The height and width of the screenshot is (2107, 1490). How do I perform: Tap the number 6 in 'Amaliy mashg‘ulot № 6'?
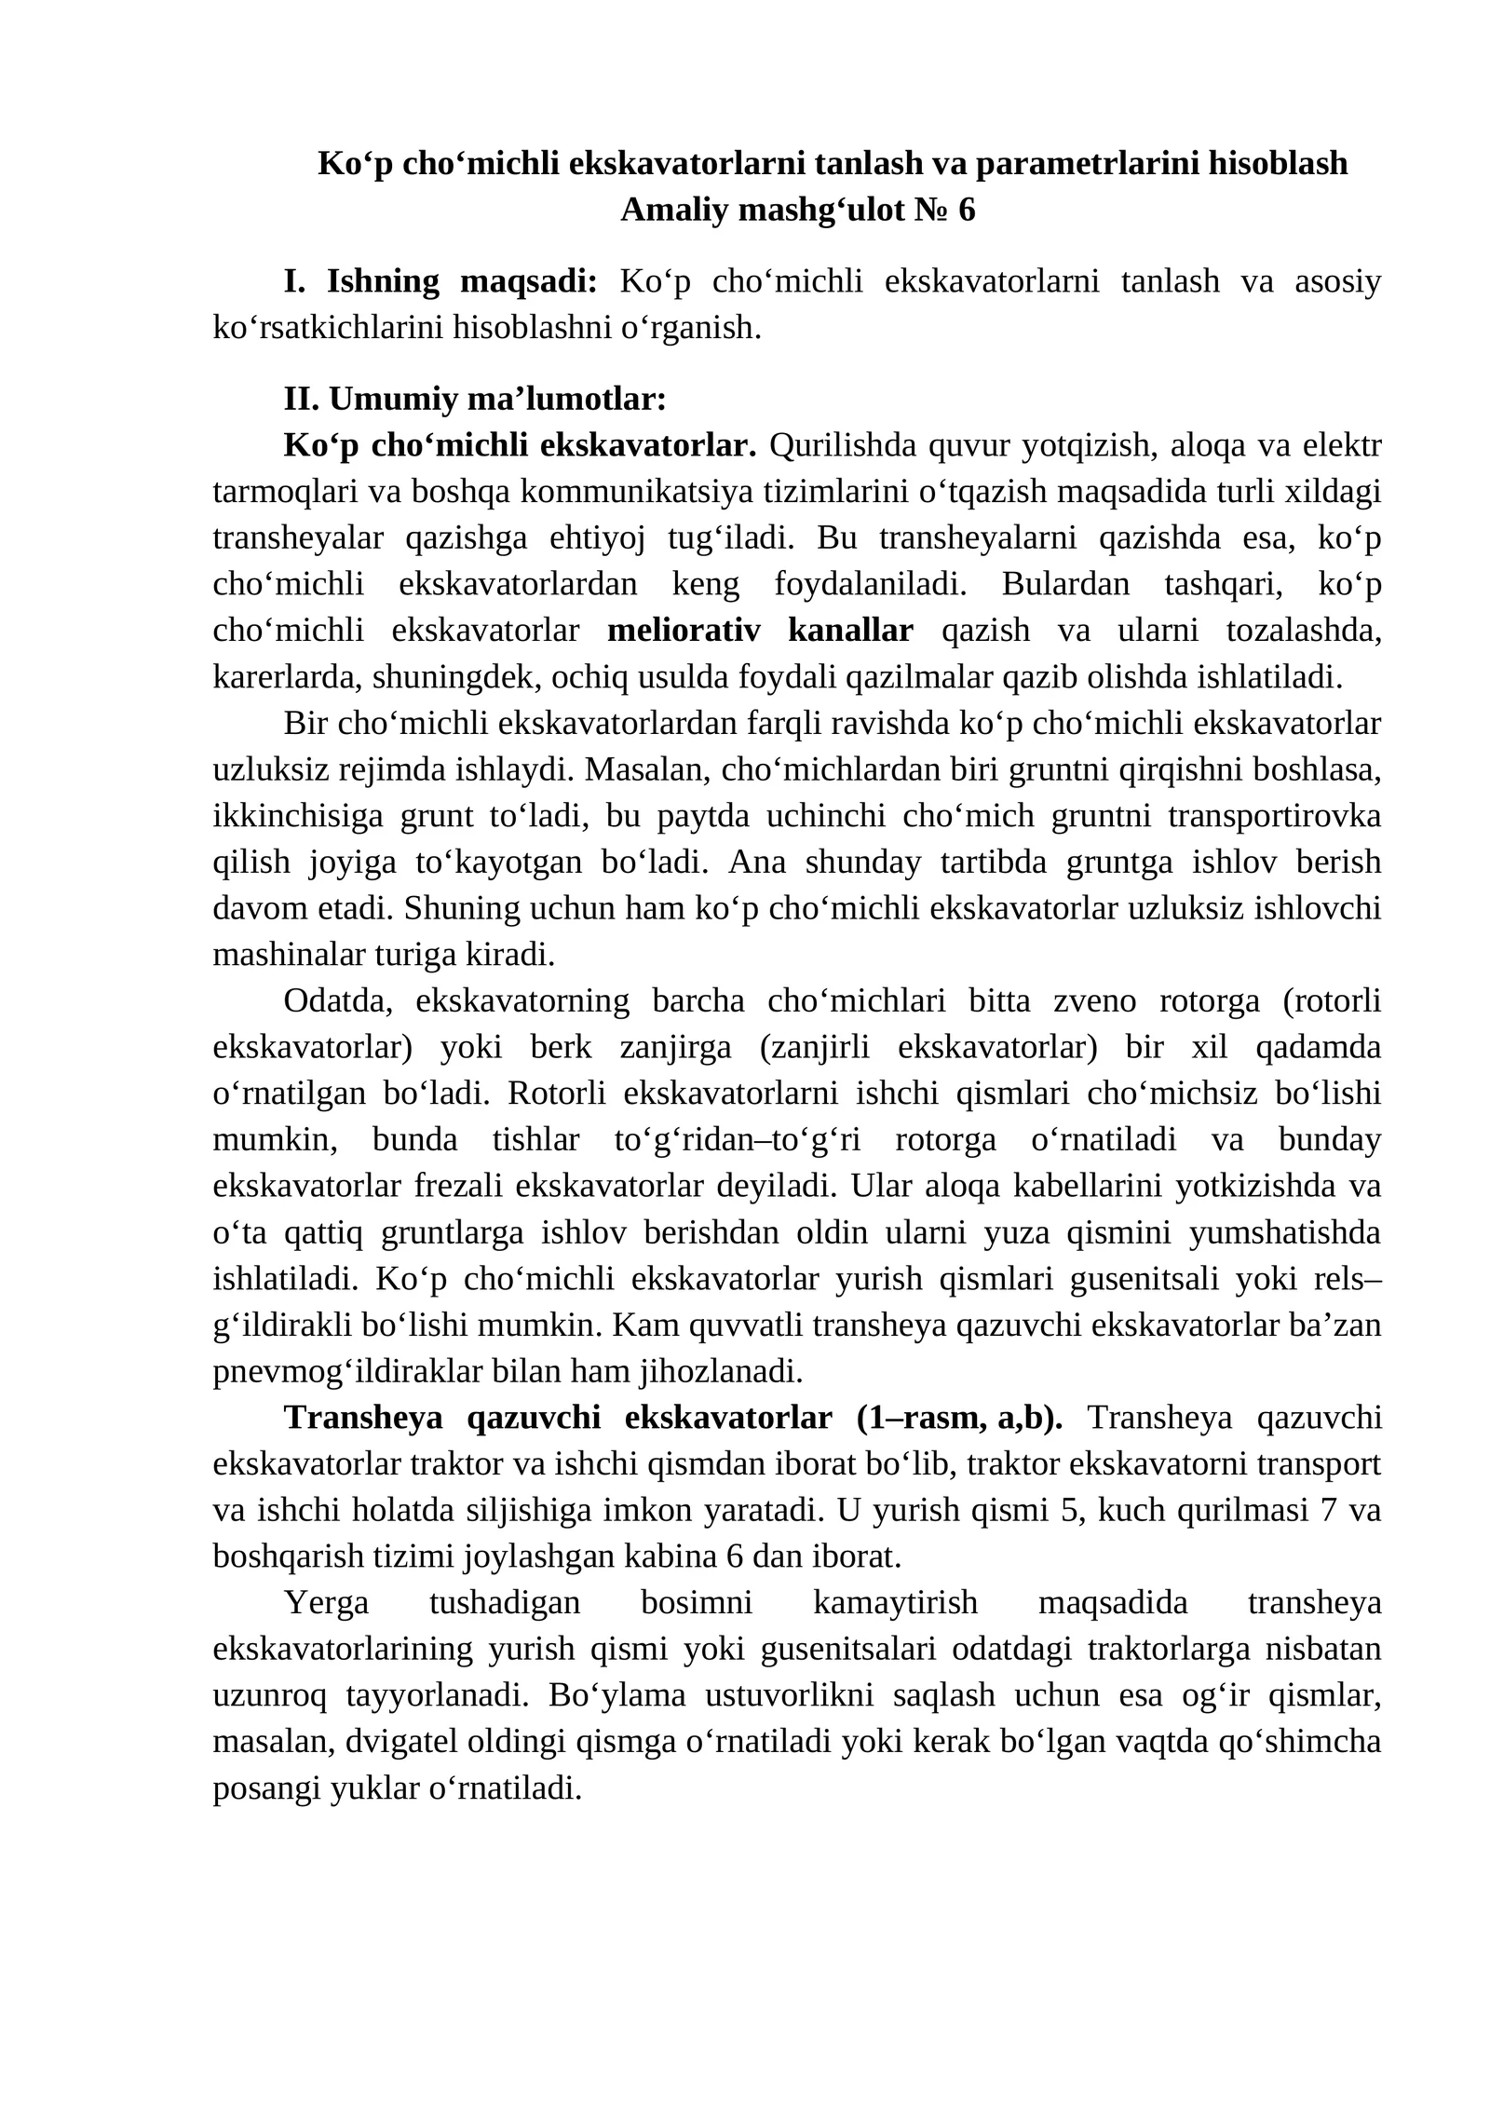[x=966, y=211]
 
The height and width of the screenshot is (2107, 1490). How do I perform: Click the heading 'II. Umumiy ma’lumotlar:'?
[x=475, y=400]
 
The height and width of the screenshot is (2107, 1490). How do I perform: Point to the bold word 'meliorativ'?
[x=684, y=631]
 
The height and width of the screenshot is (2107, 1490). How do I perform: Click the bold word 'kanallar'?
[x=850, y=631]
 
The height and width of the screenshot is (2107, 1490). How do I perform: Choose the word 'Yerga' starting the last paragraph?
[x=326, y=1603]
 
